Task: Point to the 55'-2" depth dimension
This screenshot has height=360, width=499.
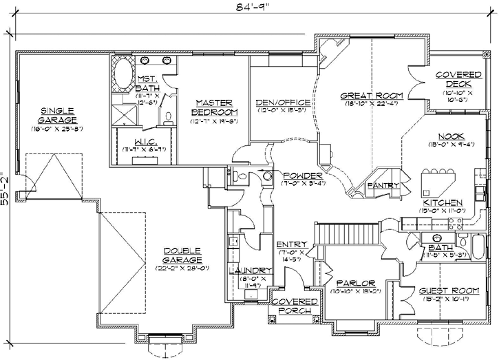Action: (6, 187)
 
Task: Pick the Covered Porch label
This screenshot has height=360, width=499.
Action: (295, 306)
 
